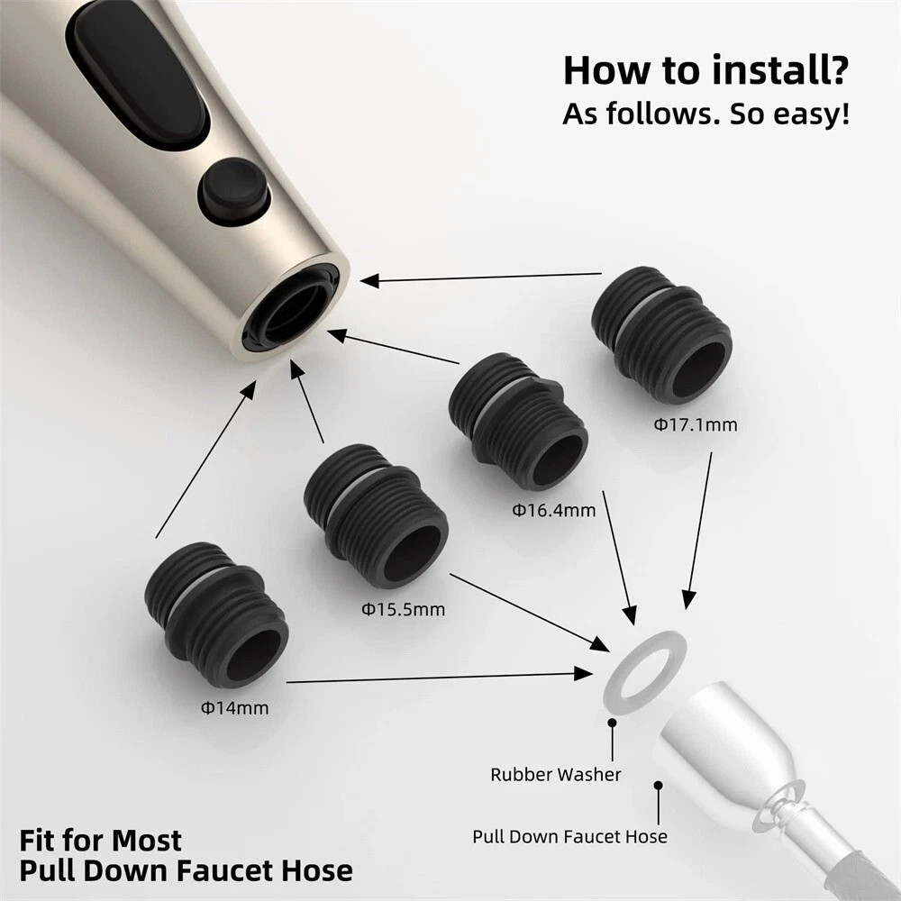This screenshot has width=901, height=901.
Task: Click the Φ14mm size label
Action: click(x=234, y=707)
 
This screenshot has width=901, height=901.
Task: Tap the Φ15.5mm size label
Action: click(x=404, y=609)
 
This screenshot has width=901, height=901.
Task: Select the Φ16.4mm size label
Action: click(x=554, y=510)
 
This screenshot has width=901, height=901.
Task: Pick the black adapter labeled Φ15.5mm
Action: click(x=376, y=514)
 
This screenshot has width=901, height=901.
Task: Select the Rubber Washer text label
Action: click(x=556, y=774)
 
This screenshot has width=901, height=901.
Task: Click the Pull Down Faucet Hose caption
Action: click(x=569, y=836)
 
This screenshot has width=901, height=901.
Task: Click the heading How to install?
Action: click(x=705, y=70)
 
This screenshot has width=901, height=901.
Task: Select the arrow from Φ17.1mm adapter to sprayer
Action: click(x=487, y=278)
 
